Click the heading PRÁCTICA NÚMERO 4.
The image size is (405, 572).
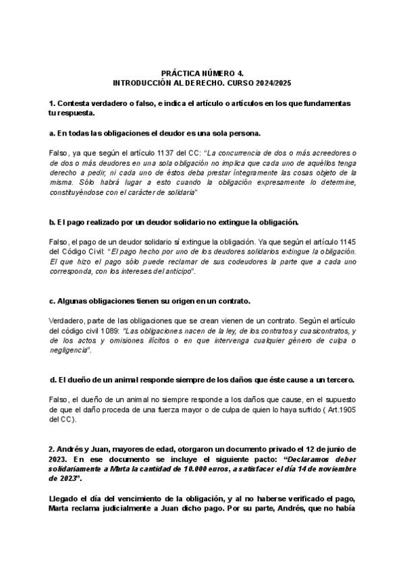[202, 72]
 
